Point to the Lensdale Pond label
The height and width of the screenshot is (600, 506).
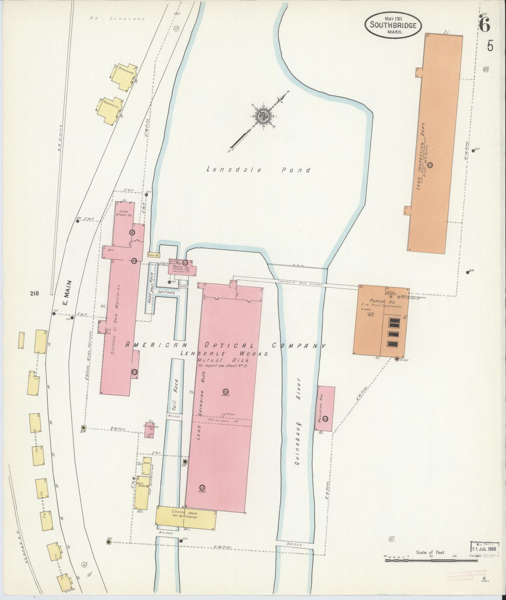point(258,170)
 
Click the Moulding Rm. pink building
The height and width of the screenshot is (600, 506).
point(325,408)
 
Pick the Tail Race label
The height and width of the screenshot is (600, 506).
point(177,392)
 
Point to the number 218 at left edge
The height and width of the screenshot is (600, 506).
point(35,294)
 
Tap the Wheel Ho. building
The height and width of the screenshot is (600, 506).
point(182,268)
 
